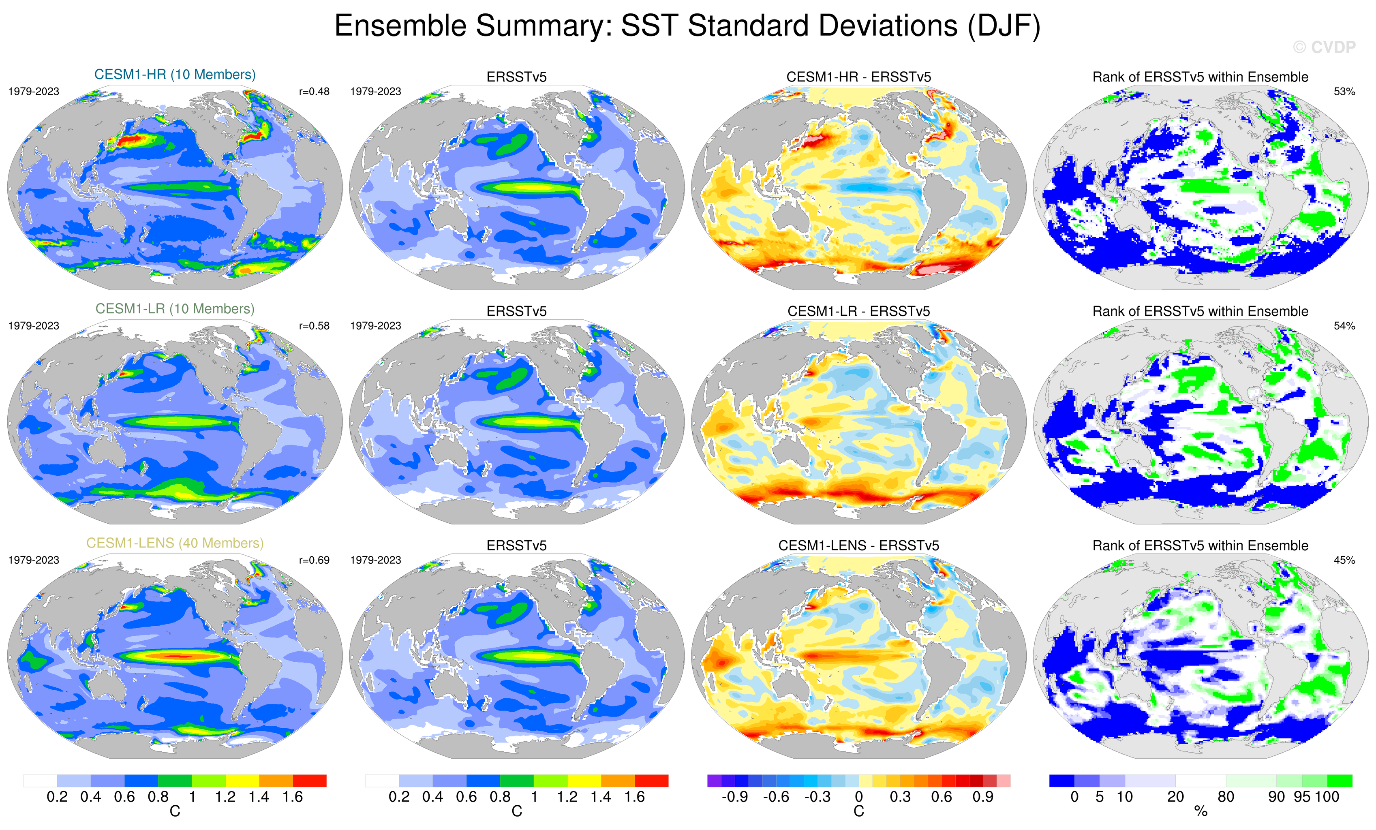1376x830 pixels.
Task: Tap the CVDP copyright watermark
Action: [1323, 47]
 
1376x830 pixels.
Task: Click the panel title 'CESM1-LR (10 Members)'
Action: [175, 309]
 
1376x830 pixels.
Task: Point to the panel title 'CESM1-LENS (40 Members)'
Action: [175, 543]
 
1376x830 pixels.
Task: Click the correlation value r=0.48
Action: [314, 92]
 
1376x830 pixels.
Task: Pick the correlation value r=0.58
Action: [314, 325]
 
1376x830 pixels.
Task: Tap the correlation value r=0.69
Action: [314, 560]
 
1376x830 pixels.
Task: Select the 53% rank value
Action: [1344, 92]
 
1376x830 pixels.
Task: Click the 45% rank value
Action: [1344, 560]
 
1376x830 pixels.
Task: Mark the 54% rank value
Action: [1344, 325]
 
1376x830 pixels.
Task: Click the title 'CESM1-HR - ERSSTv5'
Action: [858, 77]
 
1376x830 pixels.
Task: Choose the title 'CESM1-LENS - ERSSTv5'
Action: [858, 545]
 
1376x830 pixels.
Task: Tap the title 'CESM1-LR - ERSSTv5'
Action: [858, 311]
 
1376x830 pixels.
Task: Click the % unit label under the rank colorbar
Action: [1201, 812]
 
